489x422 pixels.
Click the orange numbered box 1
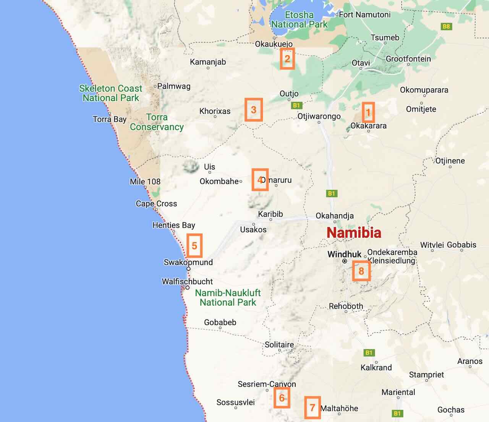368,112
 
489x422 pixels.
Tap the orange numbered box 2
287,58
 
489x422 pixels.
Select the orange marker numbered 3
254,110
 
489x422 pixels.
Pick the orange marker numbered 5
194,246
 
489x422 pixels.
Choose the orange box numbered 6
282,398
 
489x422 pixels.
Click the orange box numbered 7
312,408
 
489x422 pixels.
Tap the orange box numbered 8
361,271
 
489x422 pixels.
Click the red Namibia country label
354,232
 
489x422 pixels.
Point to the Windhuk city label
344,254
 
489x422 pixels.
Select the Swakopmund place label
188,262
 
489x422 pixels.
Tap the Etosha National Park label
299,19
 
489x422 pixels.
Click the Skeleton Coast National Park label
111,93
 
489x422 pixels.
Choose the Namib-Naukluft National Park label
228,297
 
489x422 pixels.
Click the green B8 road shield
446,26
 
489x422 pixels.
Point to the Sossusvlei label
235,402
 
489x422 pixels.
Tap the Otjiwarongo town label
319,116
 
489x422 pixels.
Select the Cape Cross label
156,203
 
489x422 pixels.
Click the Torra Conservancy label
157,122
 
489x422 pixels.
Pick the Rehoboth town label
346,306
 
